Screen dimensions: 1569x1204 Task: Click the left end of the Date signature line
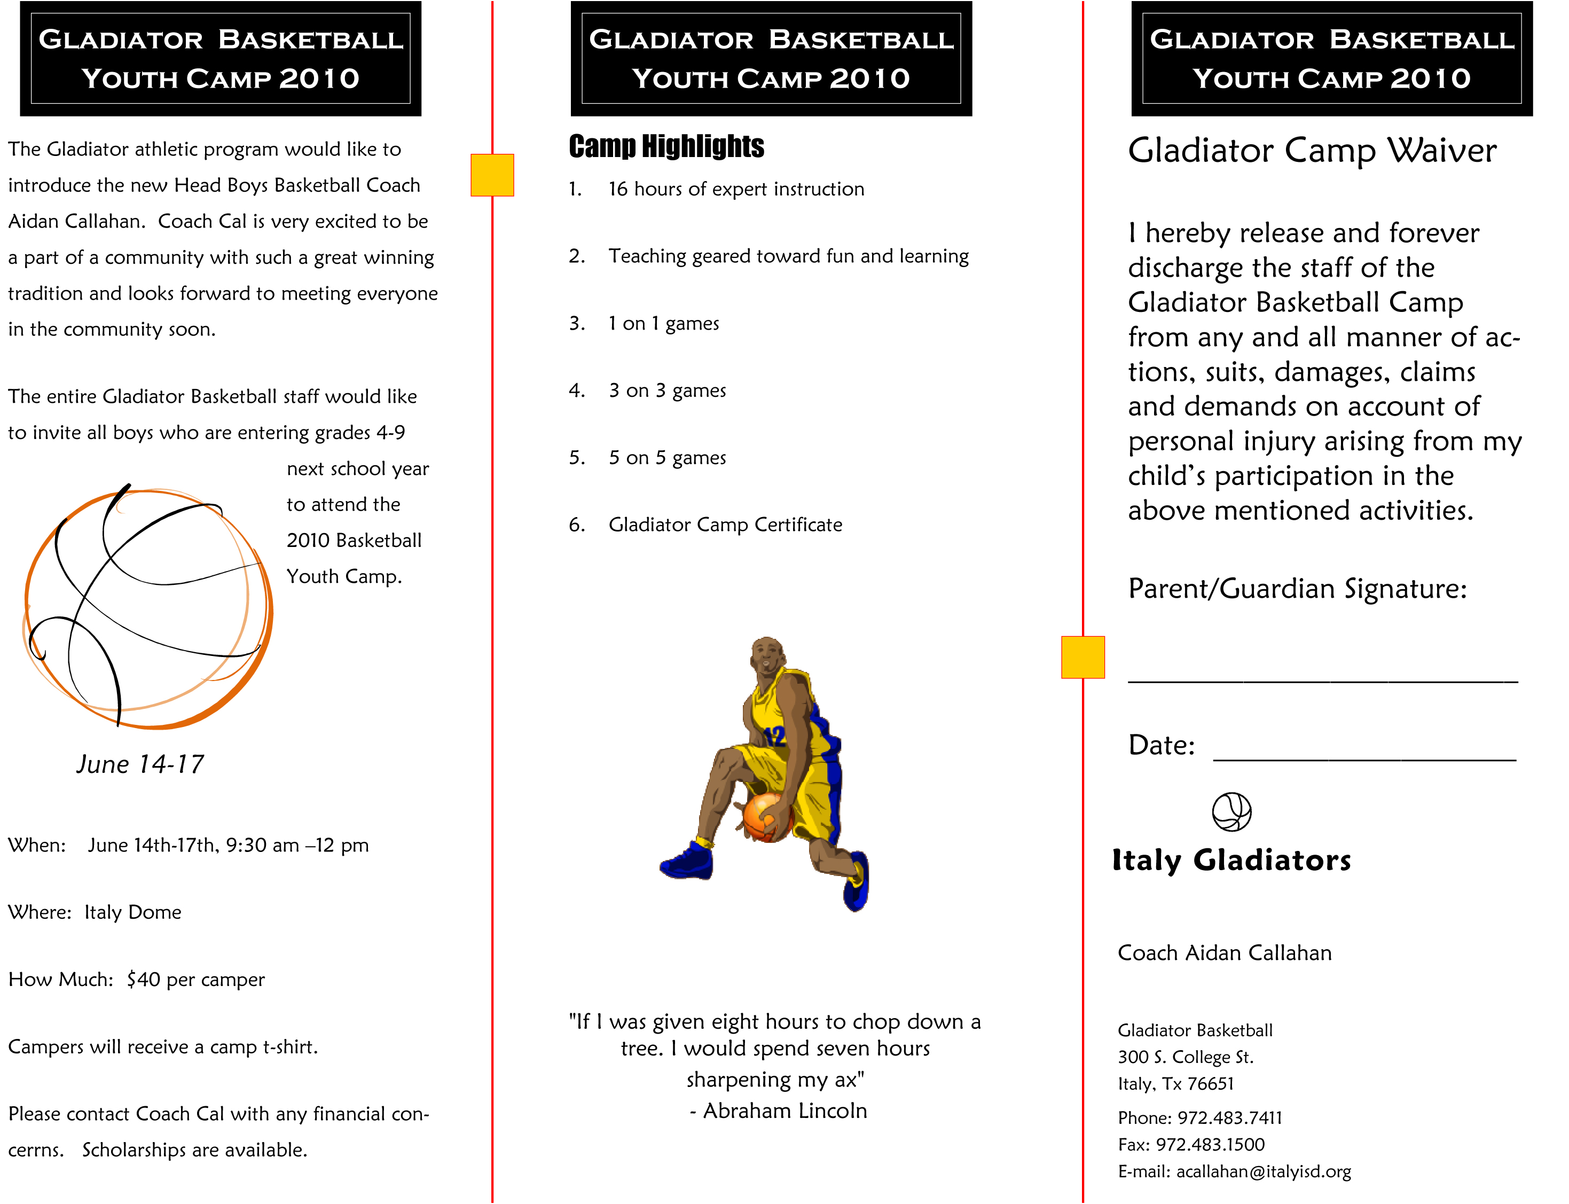point(1214,760)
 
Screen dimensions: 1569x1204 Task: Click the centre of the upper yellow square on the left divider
point(492,175)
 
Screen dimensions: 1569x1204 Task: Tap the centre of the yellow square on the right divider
point(1082,657)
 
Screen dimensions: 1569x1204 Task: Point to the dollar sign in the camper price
point(132,980)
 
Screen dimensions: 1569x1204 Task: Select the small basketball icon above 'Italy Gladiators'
point(1231,812)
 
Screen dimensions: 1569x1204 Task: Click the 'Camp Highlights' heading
point(666,146)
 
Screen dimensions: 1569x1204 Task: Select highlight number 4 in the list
point(648,390)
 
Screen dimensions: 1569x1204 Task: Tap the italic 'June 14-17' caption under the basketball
point(140,765)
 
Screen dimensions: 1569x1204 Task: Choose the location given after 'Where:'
point(132,912)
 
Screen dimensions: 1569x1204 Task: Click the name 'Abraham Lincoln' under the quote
point(785,1111)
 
